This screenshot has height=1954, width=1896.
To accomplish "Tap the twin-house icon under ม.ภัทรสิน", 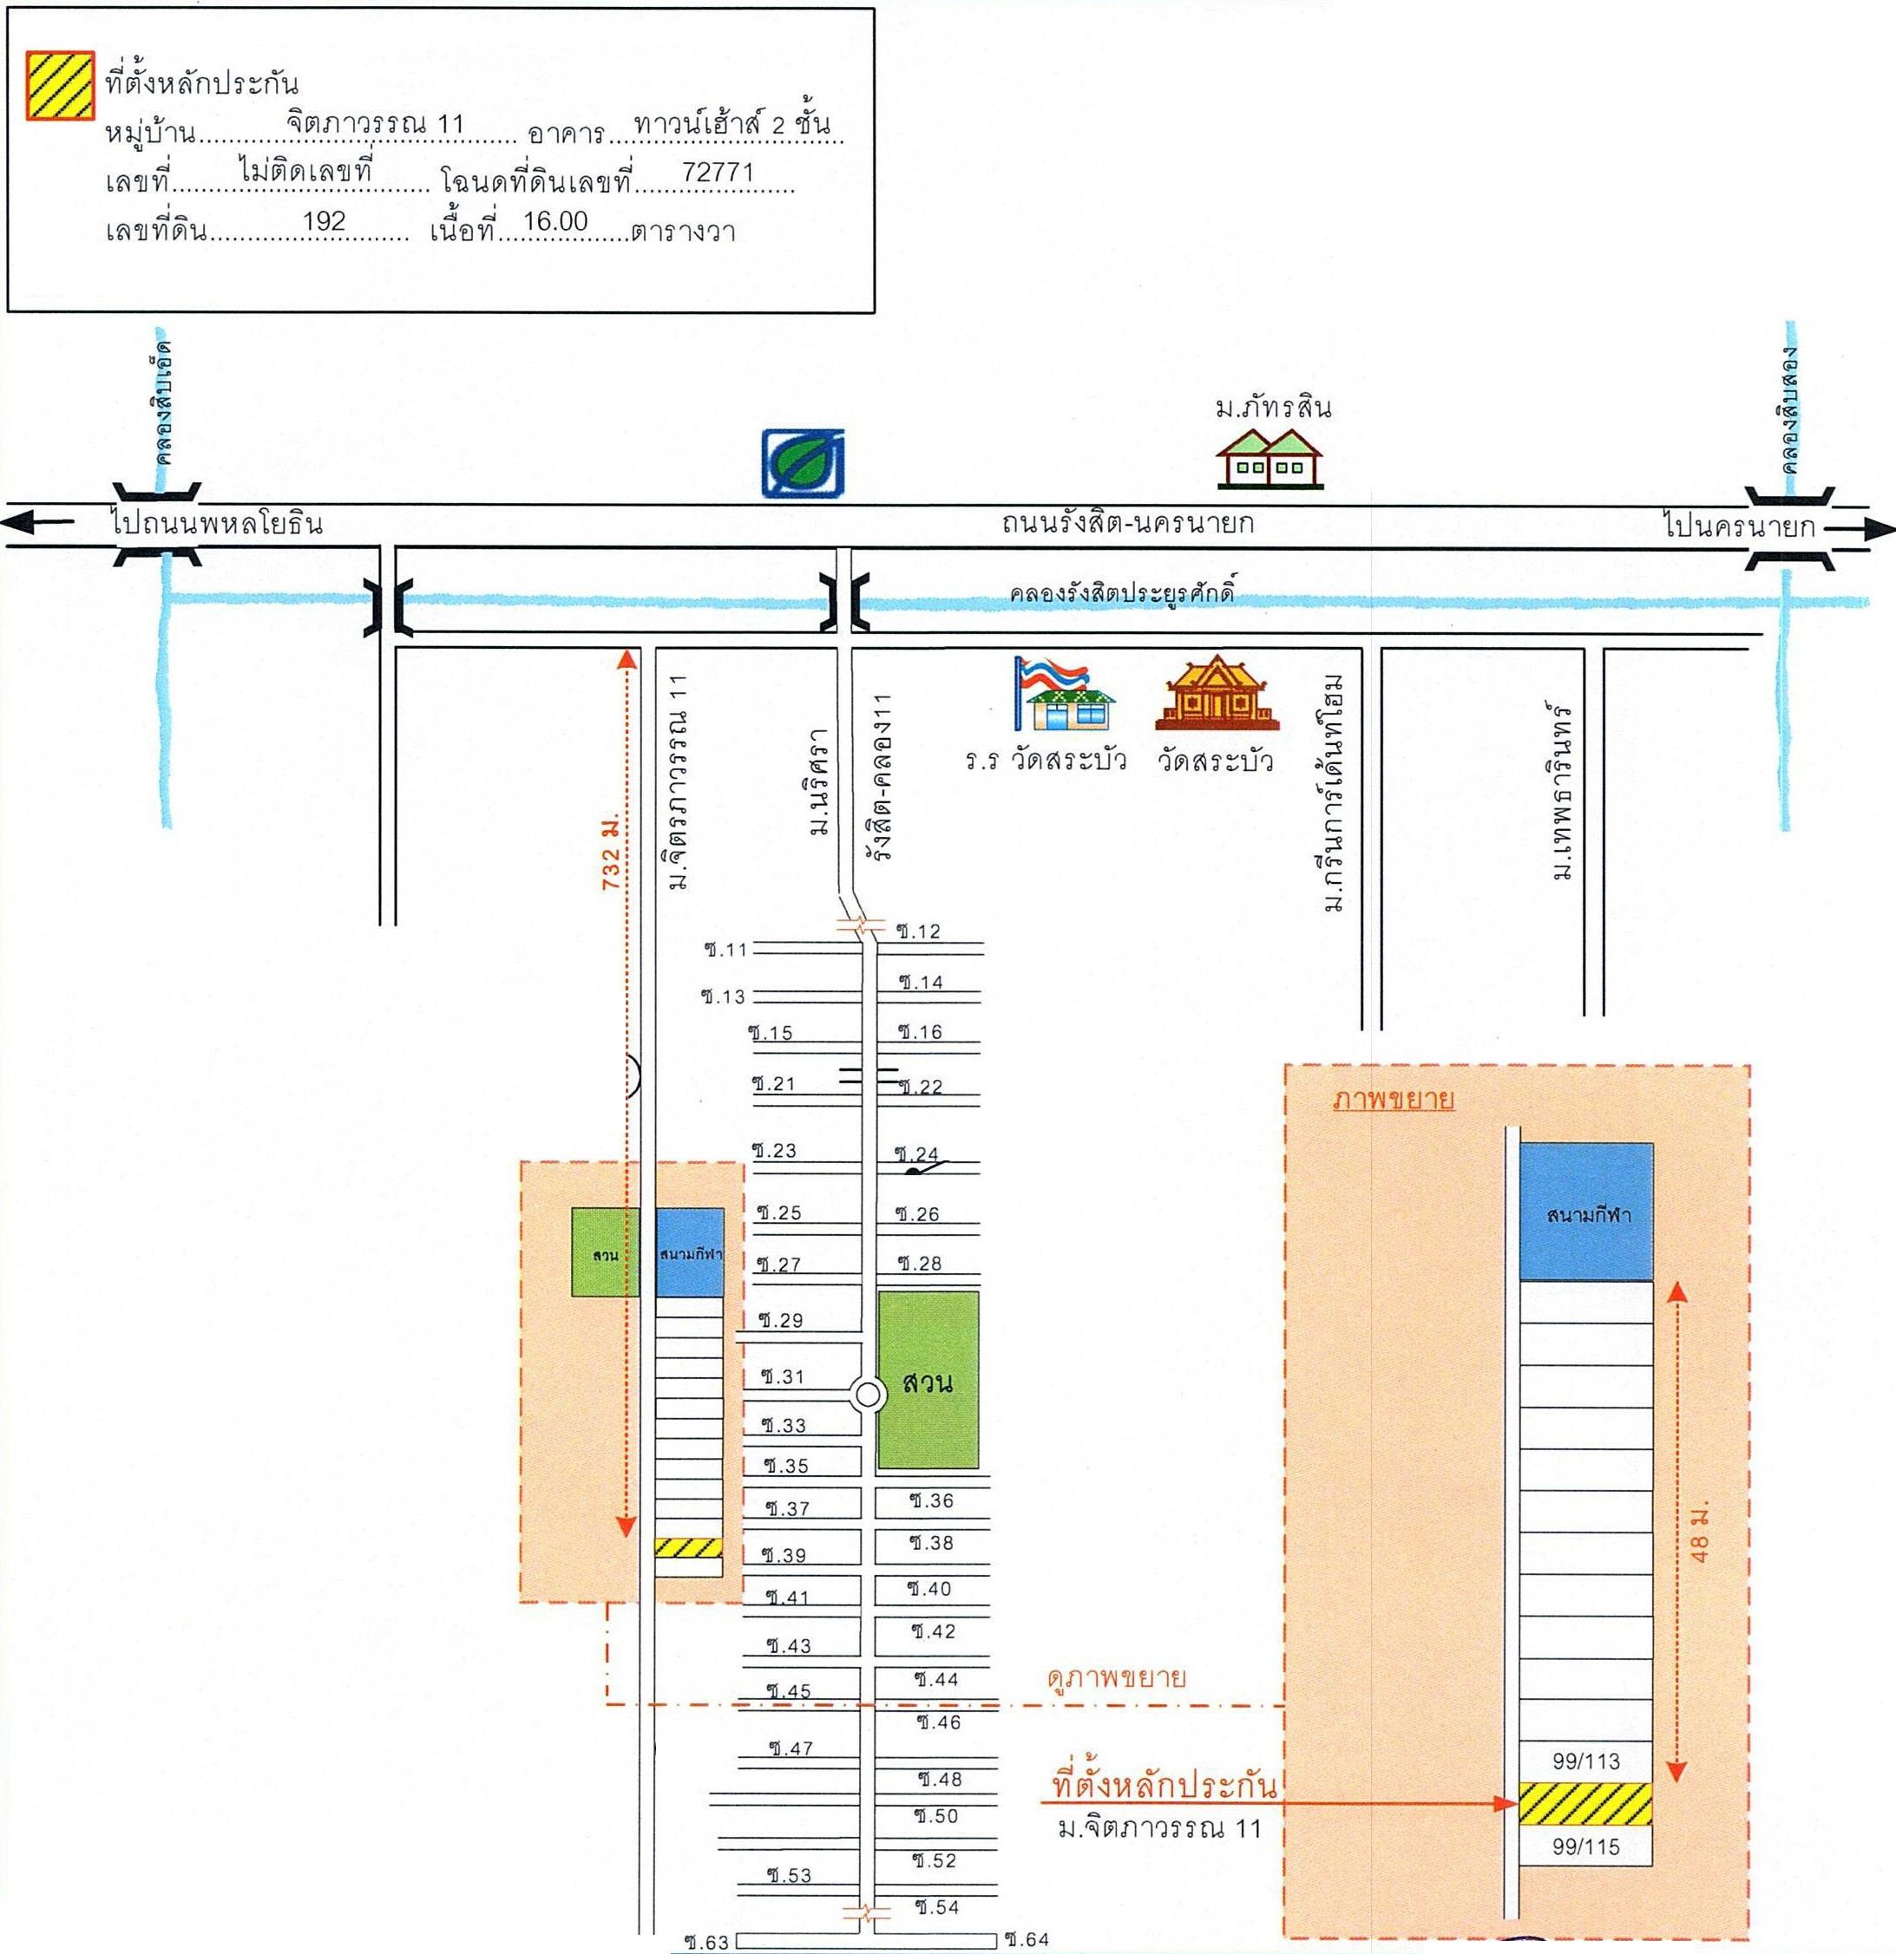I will [1269, 459].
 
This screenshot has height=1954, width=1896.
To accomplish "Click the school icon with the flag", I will [1063, 694].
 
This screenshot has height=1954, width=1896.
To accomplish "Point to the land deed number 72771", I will [717, 173].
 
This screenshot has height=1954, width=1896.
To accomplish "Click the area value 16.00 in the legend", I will [554, 221].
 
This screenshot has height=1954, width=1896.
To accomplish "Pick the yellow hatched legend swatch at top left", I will [60, 86].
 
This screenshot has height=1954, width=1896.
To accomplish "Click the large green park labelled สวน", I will [928, 1382].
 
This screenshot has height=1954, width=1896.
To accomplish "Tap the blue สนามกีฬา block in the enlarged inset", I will [1586, 1212].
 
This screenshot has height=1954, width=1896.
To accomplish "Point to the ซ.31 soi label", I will [782, 1376].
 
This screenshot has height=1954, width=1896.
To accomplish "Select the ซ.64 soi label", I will [1027, 1939].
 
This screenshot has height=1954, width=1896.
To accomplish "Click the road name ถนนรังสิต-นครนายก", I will [1127, 523].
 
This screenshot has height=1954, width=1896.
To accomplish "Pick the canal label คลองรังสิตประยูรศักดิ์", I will [1121, 594].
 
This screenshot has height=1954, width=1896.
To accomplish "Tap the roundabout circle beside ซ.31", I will [868, 1395].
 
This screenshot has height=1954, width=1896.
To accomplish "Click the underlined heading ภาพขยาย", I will [1394, 1101].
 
